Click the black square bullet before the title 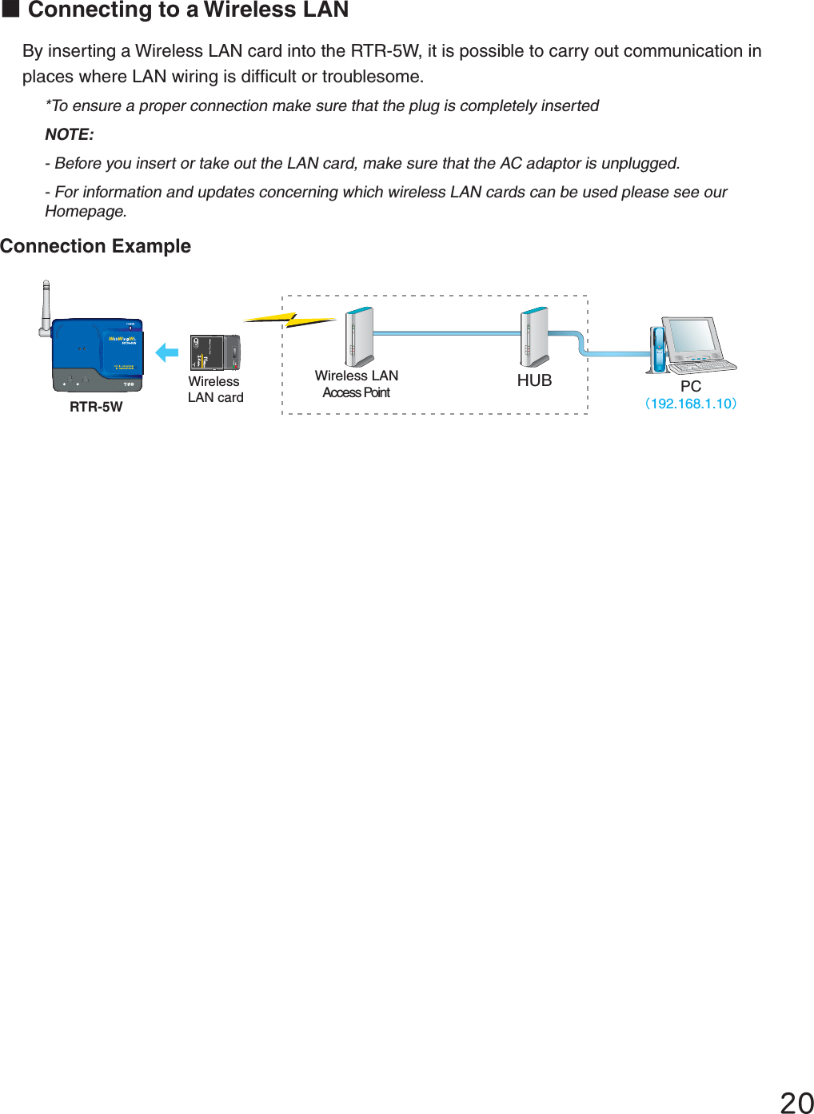coord(10,10)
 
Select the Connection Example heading coord(96,246)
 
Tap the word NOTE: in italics coord(70,134)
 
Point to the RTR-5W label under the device coord(96,407)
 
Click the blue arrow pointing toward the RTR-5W coord(167,352)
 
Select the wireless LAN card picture coord(215,352)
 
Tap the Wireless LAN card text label coord(215,389)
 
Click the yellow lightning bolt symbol coord(289,320)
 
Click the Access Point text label coord(357,392)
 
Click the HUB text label coord(534,380)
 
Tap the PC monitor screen coord(692,336)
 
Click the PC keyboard coord(702,366)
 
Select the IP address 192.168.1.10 coord(691,404)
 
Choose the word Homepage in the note coord(85,211)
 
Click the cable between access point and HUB coord(446,333)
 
